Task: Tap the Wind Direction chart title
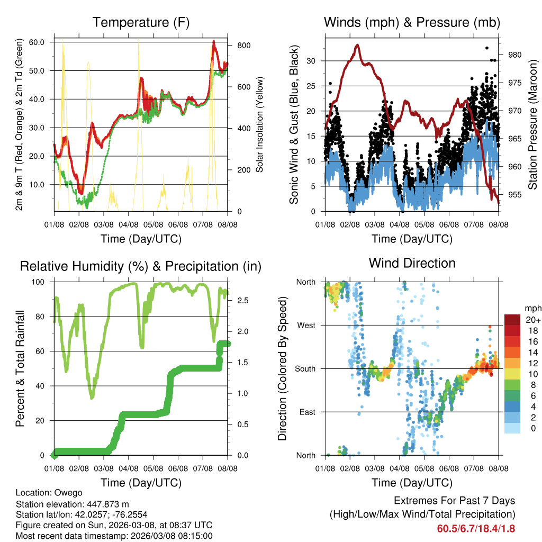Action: pyautogui.click(x=412, y=263)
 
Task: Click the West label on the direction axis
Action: pyautogui.click(x=306, y=325)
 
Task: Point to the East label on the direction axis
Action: pyautogui.click(x=307, y=412)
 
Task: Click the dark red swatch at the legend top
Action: pyautogui.click(x=512, y=319)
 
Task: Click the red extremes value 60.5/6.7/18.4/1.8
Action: pyautogui.click(x=476, y=528)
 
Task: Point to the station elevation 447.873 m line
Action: pyautogui.click(x=73, y=504)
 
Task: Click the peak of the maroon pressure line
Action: pyautogui.click(x=358, y=46)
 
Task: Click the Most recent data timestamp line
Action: pyautogui.click(x=114, y=536)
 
